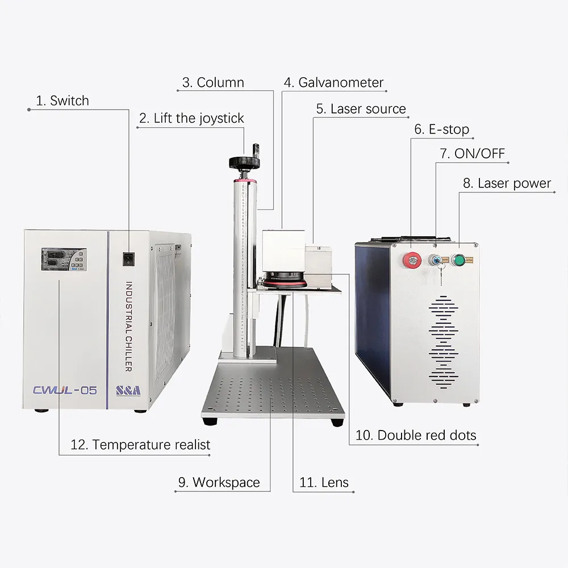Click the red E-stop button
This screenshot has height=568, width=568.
pos(410,261)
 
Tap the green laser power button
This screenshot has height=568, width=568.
pos(458,261)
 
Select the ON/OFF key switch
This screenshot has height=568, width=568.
pos(435,261)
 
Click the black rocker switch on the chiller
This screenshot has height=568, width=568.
pos(130,259)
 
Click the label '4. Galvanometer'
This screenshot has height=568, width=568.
pos(333,82)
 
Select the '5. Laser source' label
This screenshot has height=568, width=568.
pos(361,108)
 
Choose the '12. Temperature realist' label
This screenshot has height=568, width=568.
pos(140,444)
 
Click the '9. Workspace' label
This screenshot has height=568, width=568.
pos(219,482)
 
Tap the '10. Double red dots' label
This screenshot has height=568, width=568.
pos(416,435)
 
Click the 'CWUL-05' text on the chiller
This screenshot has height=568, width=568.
pos(65,390)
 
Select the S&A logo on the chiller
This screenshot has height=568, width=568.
pos(128,390)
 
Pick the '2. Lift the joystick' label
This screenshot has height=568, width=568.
pos(191,118)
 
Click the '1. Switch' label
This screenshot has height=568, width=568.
pos(62,101)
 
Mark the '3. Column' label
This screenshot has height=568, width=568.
pos(213,82)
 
